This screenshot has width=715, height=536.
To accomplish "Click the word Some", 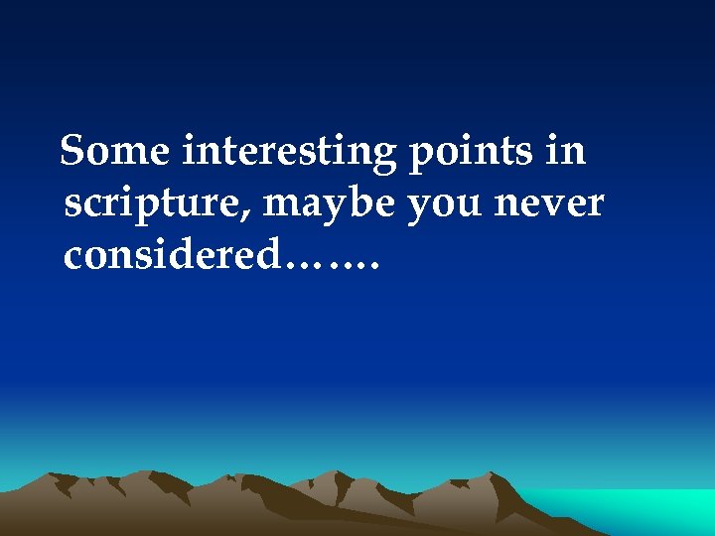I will (x=116, y=152).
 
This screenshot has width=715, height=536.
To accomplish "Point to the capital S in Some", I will (x=73, y=152).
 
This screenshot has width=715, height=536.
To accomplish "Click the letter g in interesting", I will (x=383, y=158).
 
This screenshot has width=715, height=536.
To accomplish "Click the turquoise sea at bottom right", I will (x=636, y=508).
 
